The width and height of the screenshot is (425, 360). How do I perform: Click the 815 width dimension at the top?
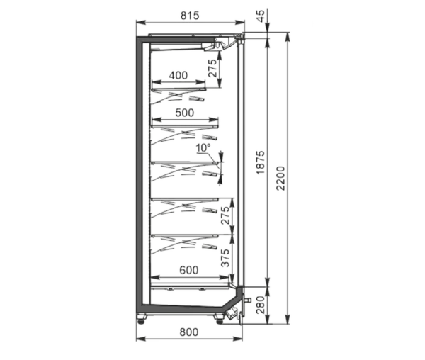click(190, 16)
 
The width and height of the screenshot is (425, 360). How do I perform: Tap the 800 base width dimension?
click(189, 332)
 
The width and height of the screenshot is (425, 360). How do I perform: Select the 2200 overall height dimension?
click(281, 178)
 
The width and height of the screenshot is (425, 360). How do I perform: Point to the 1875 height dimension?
click(260, 162)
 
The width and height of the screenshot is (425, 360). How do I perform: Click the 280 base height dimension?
click(260, 305)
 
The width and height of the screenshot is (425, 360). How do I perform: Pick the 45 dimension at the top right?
click(260, 16)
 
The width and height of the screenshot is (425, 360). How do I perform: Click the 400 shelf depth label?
click(178, 75)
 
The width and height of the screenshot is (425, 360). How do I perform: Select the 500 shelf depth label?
click(185, 113)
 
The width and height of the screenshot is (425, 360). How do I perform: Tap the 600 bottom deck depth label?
click(189, 270)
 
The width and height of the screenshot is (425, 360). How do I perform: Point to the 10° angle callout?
click(203, 148)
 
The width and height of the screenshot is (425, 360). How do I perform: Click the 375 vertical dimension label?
click(225, 258)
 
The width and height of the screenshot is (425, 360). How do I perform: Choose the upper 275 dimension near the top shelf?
click(212, 68)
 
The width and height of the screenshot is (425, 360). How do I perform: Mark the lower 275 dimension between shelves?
click(225, 215)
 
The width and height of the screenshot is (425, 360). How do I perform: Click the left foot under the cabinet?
click(142, 318)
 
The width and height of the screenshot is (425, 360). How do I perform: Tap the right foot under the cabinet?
click(219, 318)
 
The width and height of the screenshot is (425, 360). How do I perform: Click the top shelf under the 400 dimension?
click(178, 89)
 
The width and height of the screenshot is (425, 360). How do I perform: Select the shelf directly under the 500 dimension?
click(185, 126)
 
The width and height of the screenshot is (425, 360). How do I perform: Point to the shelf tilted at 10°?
click(185, 163)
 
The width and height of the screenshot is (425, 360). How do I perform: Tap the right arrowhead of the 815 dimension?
click(240, 23)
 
